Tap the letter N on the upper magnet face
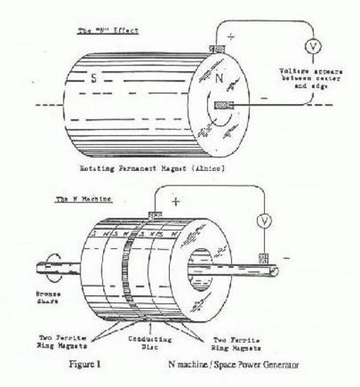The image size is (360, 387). (221, 80)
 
